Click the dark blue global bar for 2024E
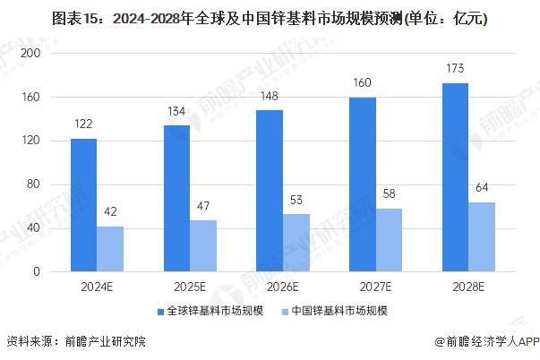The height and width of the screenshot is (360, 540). click(x=83, y=205)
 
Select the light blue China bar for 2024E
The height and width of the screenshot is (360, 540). click(x=110, y=249)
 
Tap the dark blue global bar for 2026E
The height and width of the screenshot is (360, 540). click(x=270, y=191)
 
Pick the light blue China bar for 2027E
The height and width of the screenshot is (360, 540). click(x=390, y=240)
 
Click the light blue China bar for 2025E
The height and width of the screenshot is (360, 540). click(x=203, y=246)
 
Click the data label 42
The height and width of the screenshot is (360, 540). click(x=110, y=211)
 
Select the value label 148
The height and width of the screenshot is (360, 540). click(x=270, y=96)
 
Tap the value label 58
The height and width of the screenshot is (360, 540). click(x=390, y=194)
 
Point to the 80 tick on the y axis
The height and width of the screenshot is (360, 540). click(x=37, y=184)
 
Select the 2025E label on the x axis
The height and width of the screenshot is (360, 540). click(x=190, y=287)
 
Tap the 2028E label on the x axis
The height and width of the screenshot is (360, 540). click(x=468, y=287)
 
